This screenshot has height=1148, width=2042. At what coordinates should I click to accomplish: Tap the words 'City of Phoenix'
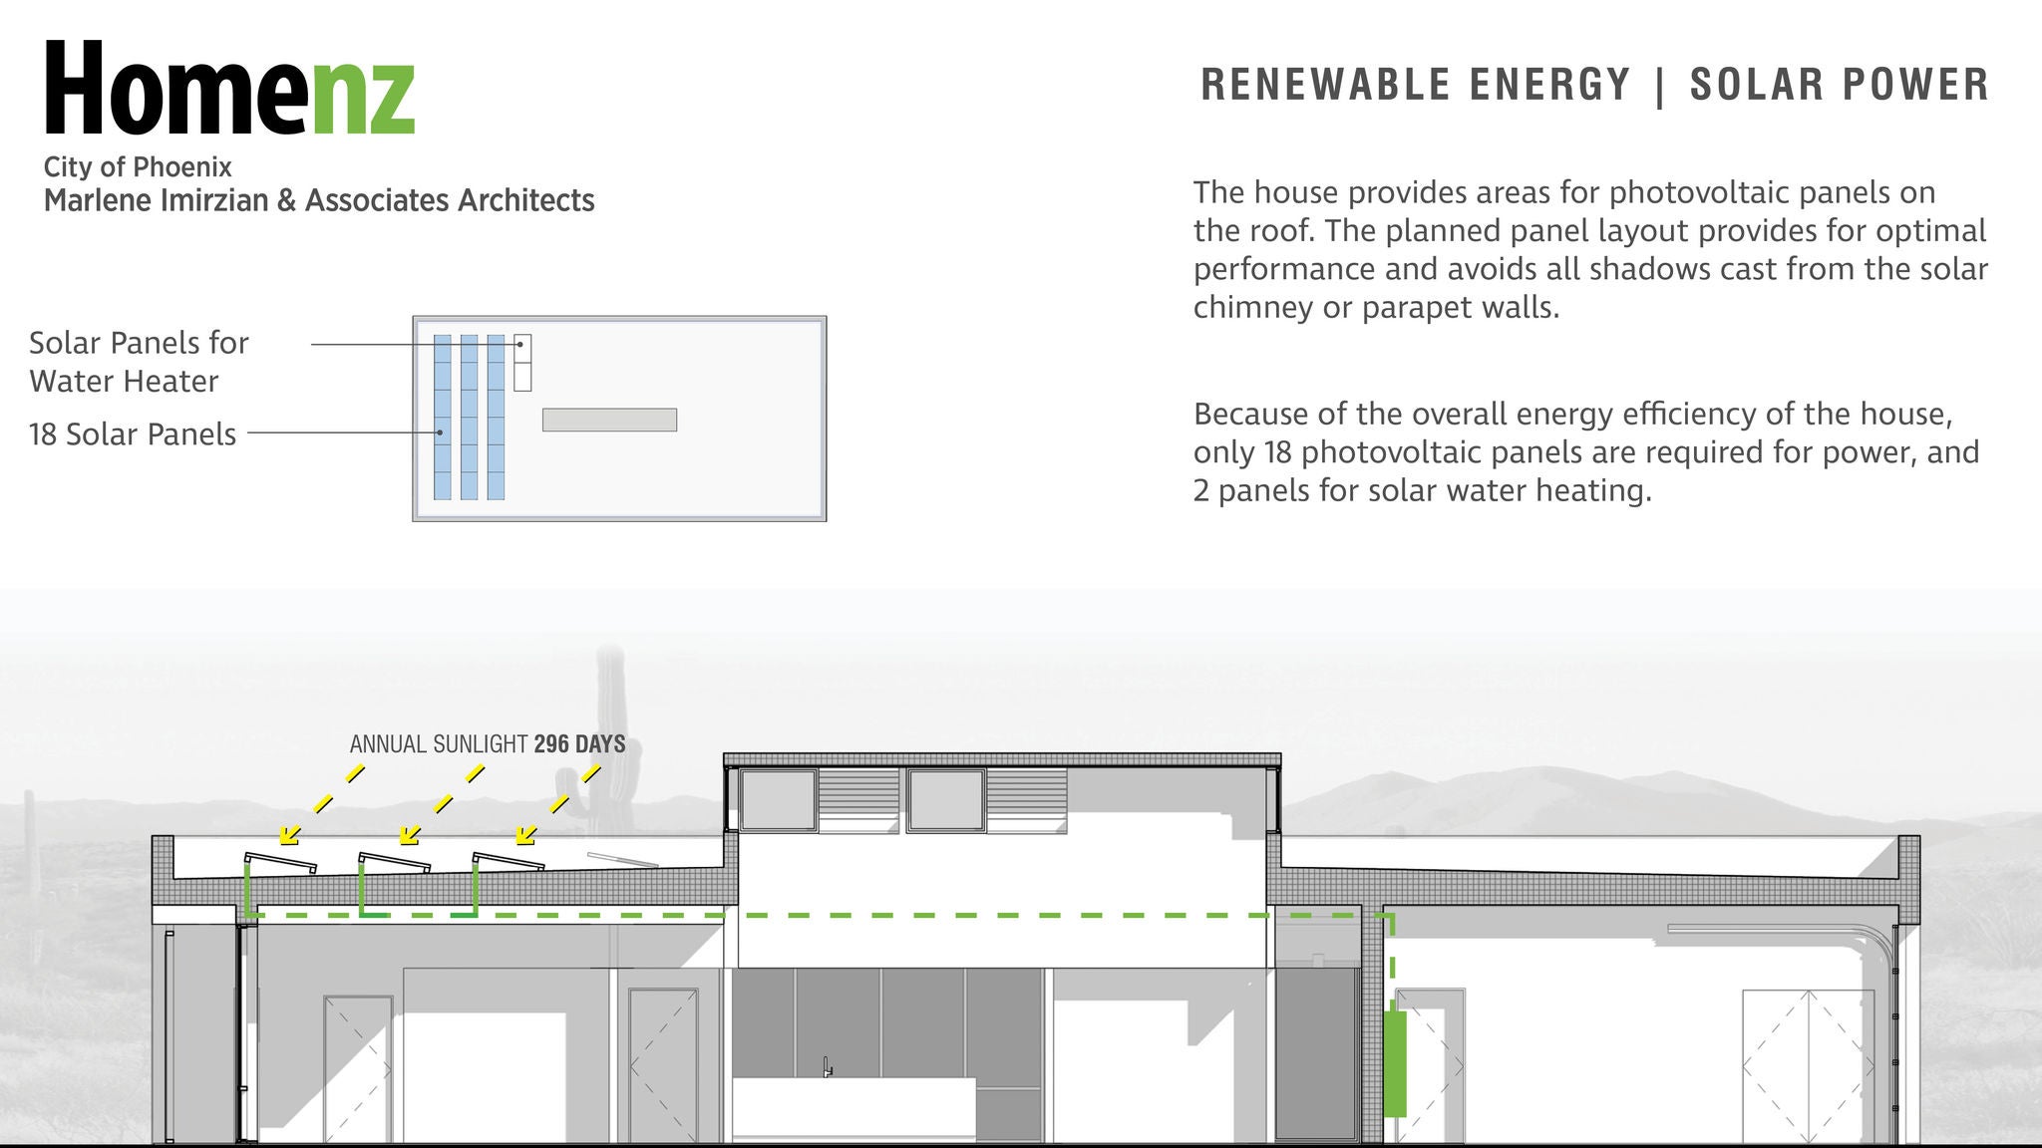[138, 166]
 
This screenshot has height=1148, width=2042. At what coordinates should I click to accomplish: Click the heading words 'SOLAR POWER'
[1839, 85]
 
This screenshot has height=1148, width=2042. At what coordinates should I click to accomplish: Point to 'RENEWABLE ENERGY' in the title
[1415, 85]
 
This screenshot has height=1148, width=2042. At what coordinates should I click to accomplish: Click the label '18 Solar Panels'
[133, 434]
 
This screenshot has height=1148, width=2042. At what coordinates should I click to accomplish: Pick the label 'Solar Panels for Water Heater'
[138, 362]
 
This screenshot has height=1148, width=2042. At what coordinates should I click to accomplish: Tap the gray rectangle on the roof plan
[609, 420]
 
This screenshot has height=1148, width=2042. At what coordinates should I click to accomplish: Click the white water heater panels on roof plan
[521, 363]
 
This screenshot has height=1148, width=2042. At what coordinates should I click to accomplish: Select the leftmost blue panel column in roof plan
[443, 417]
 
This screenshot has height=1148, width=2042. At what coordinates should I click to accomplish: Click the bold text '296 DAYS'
[579, 744]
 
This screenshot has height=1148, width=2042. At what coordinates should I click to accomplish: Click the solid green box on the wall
[1395, 1063]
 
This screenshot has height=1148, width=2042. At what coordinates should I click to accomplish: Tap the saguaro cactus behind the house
[611, 737]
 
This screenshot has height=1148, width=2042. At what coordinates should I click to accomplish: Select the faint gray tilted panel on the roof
[622, 860]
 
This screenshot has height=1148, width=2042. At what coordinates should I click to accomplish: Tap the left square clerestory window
[778, 799]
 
